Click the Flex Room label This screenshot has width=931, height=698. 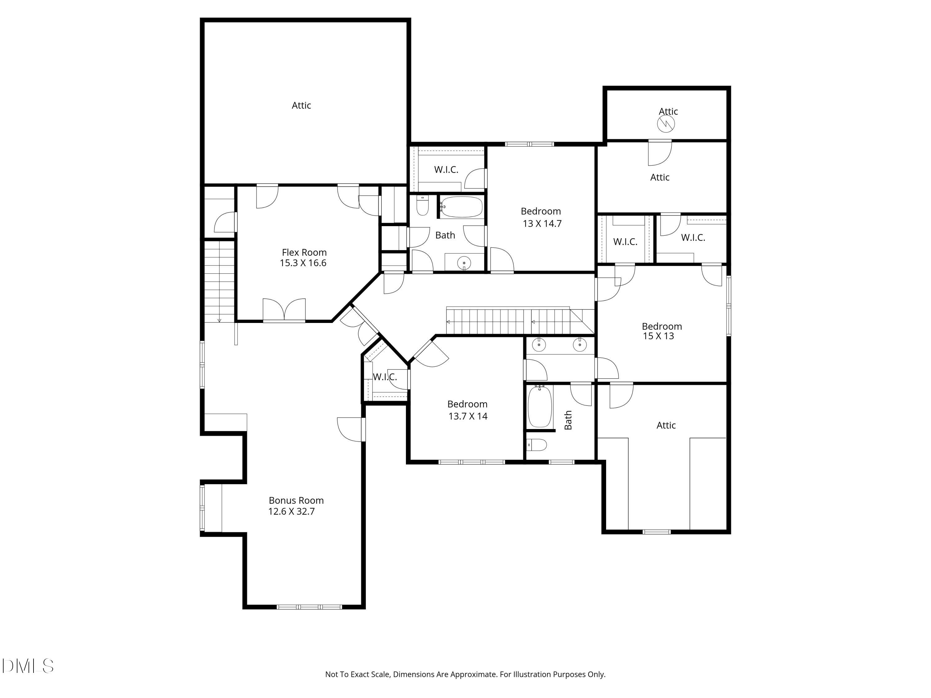point(304,253)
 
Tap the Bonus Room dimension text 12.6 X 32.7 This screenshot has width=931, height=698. point(291,512)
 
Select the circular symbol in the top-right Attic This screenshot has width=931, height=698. point(666,124)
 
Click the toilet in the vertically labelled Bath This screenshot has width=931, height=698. point(537,444)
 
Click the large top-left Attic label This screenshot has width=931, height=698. point(301,105)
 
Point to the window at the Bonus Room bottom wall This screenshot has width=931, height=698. point(309,607)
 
